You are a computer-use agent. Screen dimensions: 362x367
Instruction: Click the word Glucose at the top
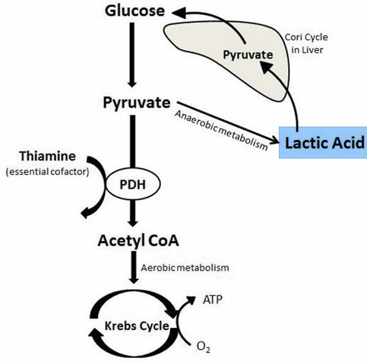coord(135,11)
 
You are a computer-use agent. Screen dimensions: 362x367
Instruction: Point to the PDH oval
coord(133,185)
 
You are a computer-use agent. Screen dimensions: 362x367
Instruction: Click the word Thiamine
coord(47,156)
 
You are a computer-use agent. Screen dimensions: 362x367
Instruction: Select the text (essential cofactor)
coord(47,172)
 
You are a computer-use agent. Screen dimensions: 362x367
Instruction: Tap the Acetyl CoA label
coord(138,241)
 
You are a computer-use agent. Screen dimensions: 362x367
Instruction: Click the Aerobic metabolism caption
coord(185,268)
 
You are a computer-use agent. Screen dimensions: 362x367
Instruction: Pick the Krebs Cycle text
coord(137,326)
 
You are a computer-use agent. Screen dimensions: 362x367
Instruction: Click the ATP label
coord(212,300)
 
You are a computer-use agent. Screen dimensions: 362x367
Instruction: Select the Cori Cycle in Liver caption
coord(307,44)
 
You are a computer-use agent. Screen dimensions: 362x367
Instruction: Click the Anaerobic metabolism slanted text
coord(221,130)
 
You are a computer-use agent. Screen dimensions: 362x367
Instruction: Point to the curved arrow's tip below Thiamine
coord(85,213)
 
